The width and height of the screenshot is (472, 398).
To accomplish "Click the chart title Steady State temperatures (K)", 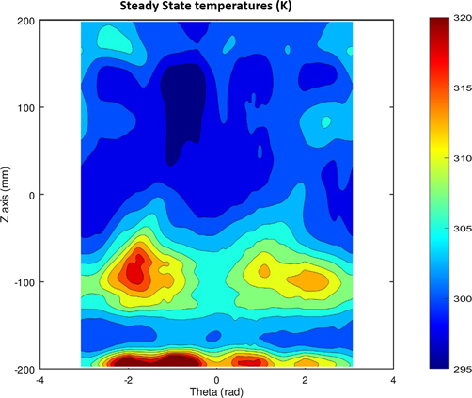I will point(216,8).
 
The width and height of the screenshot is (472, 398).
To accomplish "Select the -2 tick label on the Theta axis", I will point(128,380).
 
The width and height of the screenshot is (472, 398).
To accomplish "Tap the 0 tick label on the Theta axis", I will point(217,380).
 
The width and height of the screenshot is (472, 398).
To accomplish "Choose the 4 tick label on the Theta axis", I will point(393,380).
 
